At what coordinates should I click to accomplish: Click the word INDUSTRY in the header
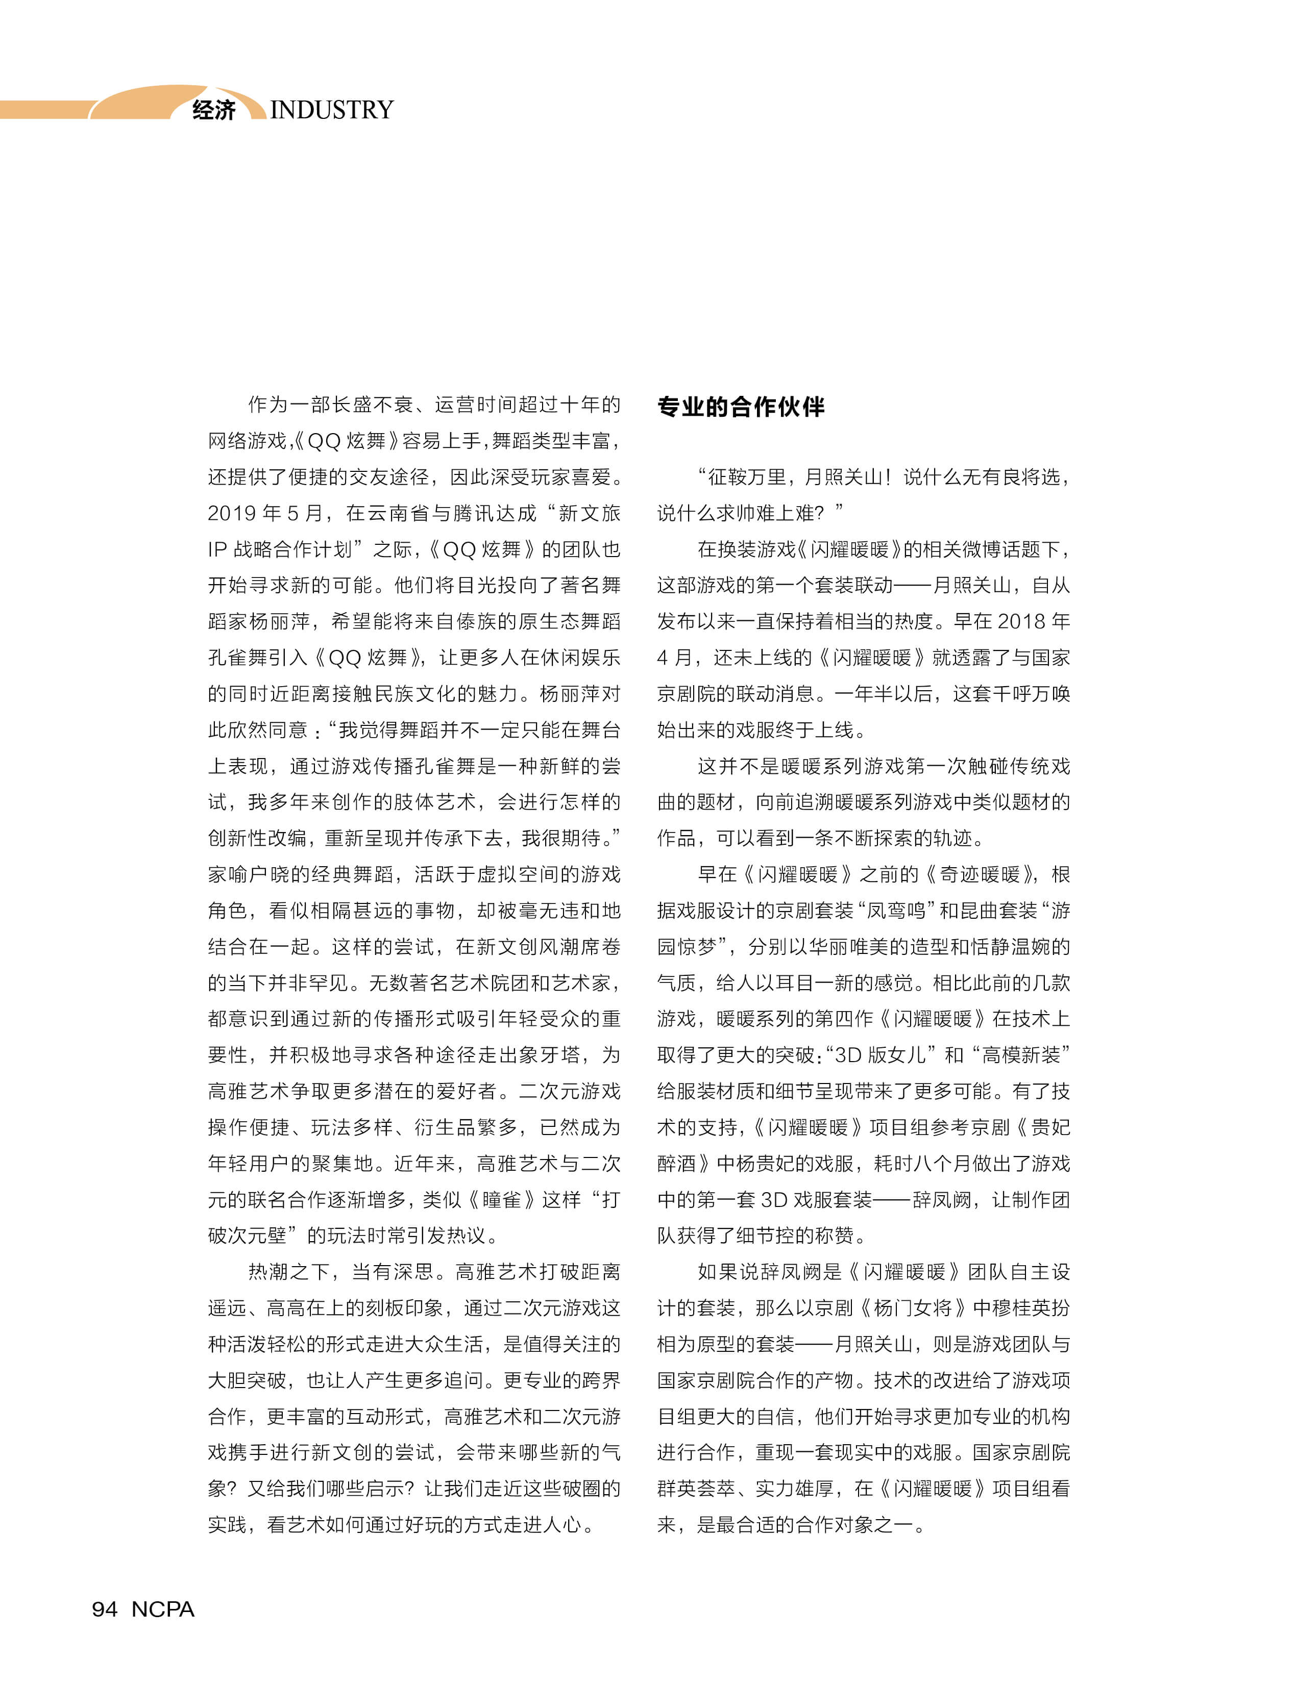point(332,110)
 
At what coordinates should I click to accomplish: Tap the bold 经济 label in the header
point(214,110)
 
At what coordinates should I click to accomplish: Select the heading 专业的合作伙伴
point(741,407)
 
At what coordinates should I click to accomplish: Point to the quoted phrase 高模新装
point(1021,1055)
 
